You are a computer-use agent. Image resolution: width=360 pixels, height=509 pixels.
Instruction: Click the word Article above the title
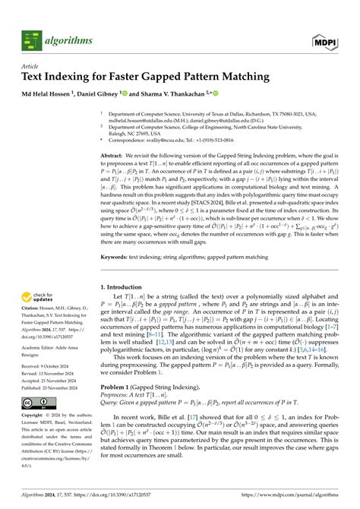[x=30, y=66]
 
